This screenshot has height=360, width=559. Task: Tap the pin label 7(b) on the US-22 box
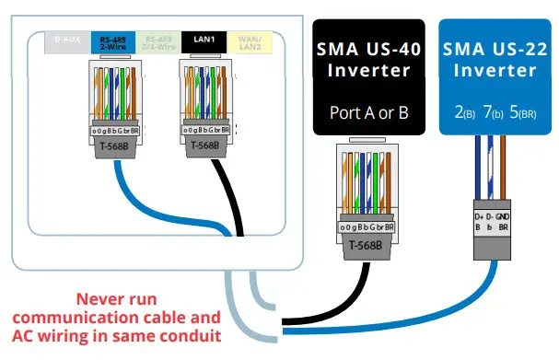coord(492,114)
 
